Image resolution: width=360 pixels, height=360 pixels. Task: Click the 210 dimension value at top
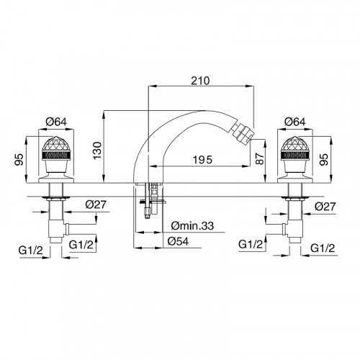click(200, 81)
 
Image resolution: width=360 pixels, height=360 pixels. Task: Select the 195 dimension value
click(202, 160)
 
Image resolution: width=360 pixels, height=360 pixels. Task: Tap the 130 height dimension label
click(97, 150)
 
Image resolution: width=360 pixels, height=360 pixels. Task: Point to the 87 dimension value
click(259, 158)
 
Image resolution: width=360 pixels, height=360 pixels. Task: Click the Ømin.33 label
click(192, 225)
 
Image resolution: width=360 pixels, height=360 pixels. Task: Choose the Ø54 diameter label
click(178, 241)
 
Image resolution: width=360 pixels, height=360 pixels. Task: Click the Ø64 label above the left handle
click(56, 122)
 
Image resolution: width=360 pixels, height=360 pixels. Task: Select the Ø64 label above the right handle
click(295, 122)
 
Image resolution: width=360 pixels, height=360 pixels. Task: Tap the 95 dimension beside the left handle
click(19, 159)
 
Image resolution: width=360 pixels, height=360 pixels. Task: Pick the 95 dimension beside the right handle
click(324, 159)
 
